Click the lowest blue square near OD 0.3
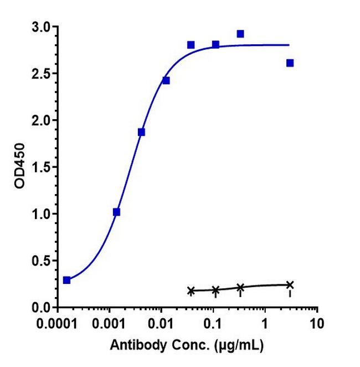(x=67, y=280)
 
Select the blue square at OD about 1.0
(x=116, y=212)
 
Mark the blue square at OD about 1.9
(x=141, y=132)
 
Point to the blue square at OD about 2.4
(x=166, y=80)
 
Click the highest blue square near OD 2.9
(x=240, y=34)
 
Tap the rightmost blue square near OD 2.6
(x=290, y=63)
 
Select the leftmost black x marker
(x=191, y=290)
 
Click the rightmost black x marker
(x=290, y=285)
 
